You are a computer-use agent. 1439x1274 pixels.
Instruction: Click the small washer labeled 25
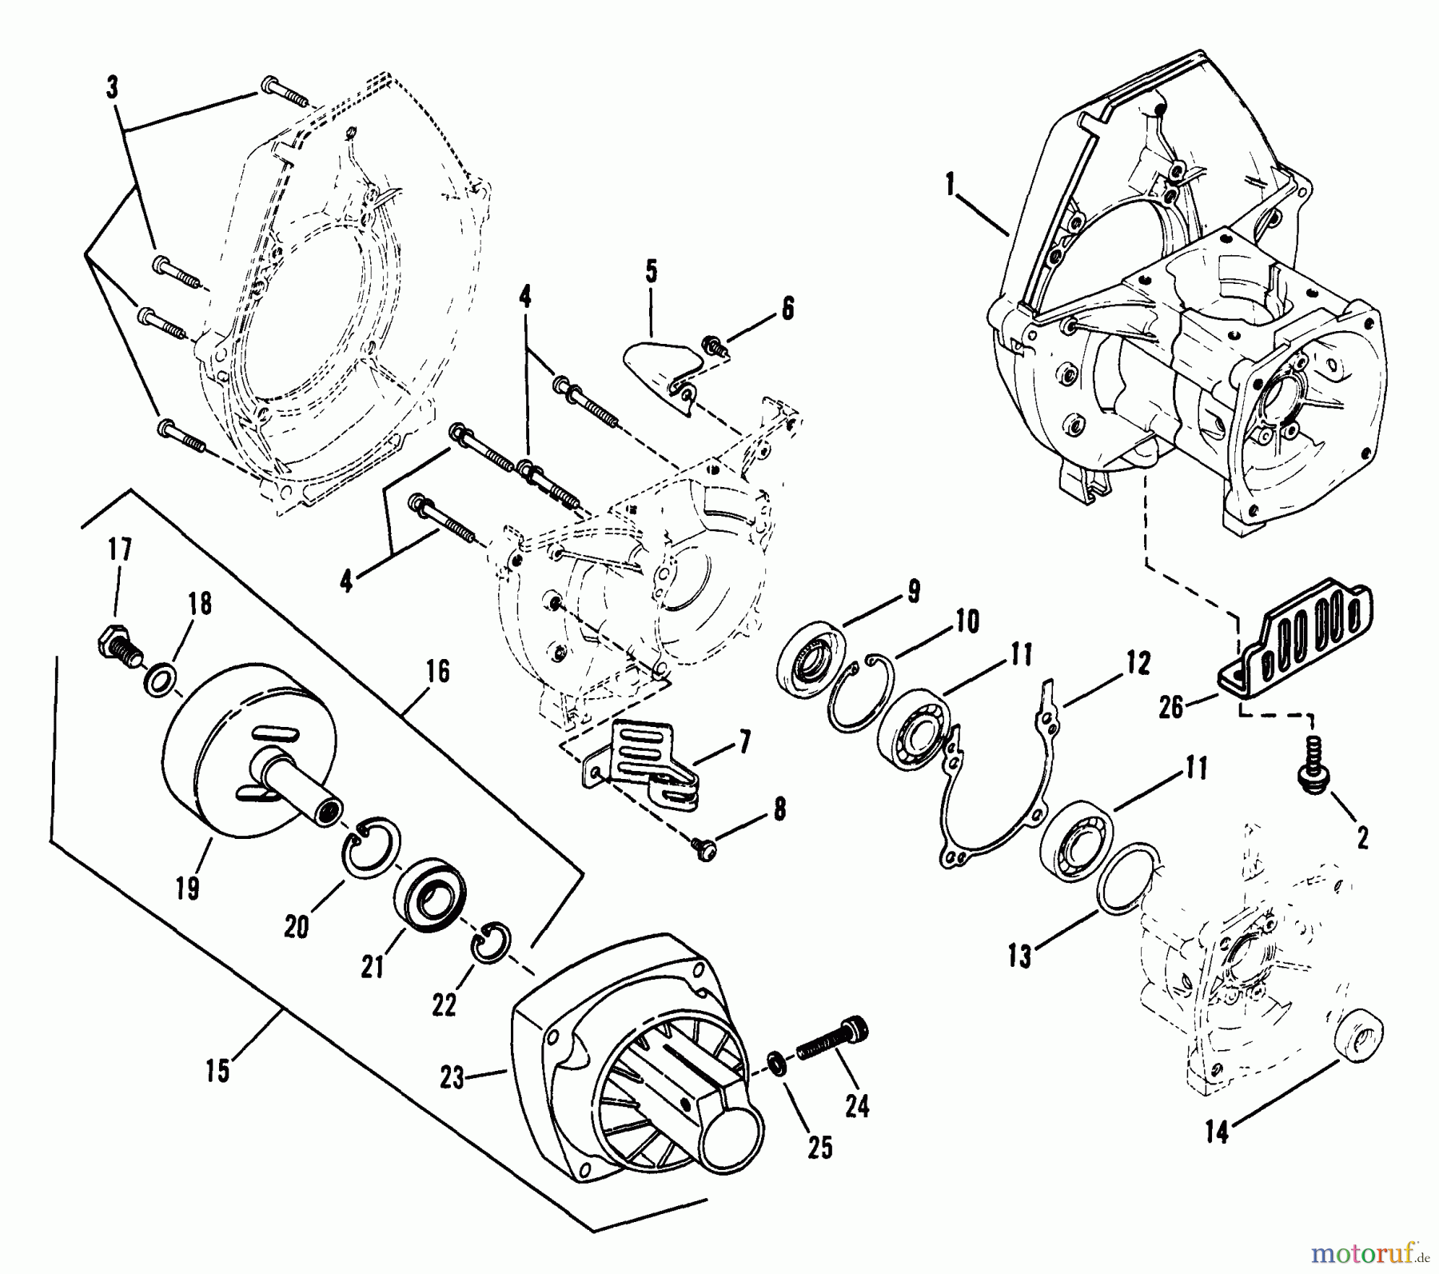click(773, 1060)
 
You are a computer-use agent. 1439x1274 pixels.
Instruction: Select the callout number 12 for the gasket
click(1137, 663)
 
